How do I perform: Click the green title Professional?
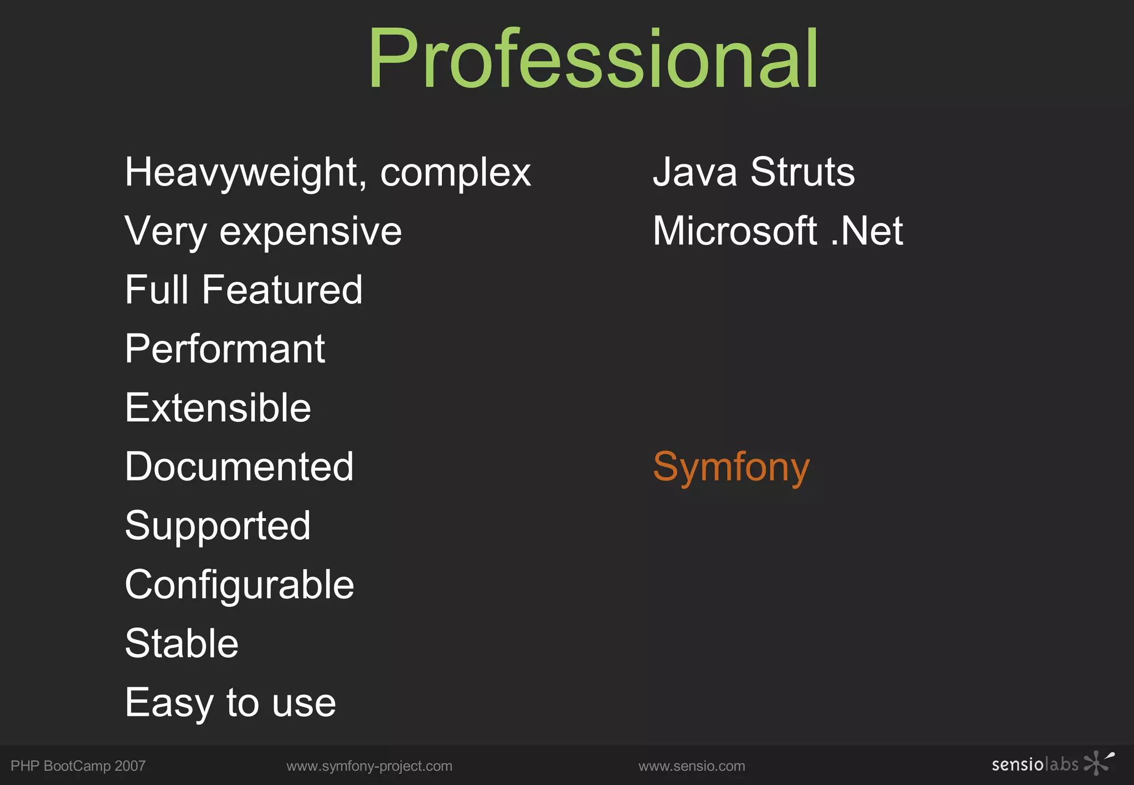pyautogui.click(x=592, y=59)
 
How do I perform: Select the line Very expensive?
pyautogui.click(x=263, y=231)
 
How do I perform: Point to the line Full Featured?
pyautogui.click(x=244, y=290)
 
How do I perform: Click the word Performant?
pyautogui.click(x=225, y=349)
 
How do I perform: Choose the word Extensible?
pyautogui.click(x=218, y=408)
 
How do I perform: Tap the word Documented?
pyautogui.click(x=239, y=467)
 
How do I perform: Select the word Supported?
pyautogui.click(x=218, y=526)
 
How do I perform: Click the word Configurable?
pyautogui.click(x=239, y=585)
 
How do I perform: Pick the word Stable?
pyautogui.click(x=182, y=644)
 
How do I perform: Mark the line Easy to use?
pyautogui.click(x=230, y=703)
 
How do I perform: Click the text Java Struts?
pyautogui.click(x=754, y=172)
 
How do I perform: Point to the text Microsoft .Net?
pyautogui.click(x=777, y=231)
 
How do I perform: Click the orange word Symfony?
pyautogui.click(x=731, y=468)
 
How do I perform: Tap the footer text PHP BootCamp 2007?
pyautogui.click(x=78, y=766)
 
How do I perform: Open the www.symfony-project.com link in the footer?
pyautogui.click(x=369, y=766)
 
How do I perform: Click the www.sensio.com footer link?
pyautogui.click(x=692, y=766)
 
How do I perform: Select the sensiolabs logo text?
pyautogui.click(x=1035, y=765)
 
